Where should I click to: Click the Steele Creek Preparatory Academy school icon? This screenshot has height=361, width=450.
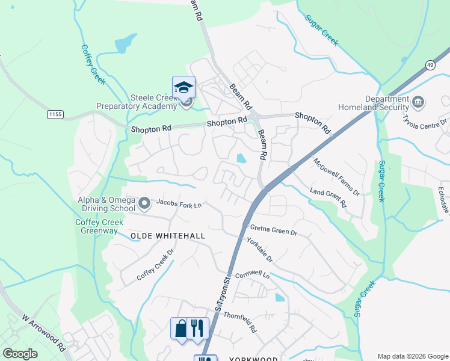coord(183,88)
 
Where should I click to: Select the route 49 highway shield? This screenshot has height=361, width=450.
coord(430,64)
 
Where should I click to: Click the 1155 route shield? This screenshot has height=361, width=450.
coord(55,113)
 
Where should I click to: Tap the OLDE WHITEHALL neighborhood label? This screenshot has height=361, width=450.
coord(168,236)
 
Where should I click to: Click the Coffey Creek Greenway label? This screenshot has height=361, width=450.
coord(99,226)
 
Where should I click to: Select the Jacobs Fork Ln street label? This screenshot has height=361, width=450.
coord(179,205)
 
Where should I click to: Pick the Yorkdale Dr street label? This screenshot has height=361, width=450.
coord(260,250)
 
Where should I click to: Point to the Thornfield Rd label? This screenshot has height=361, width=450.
coord(240,322)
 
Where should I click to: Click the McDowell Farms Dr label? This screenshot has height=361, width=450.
coord(336,177)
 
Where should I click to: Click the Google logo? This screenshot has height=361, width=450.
coord(20,354)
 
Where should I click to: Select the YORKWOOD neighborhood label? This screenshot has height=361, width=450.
coord(254,359)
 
